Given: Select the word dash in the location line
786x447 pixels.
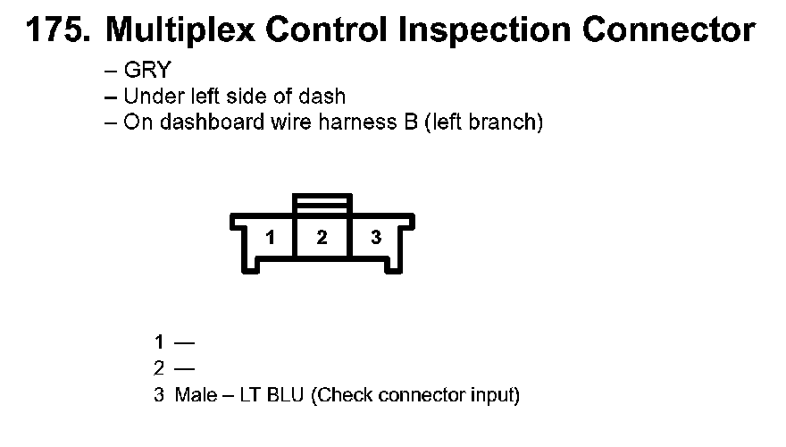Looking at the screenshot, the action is [x=325, y=97].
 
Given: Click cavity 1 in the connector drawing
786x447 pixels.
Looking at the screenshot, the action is [x=269, y=238].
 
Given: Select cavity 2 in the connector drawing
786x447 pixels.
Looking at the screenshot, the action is [x=322, y=238].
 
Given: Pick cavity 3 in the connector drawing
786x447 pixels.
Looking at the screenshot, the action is [x=376, y=238].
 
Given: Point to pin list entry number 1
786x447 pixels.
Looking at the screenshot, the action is [x=159, y=342].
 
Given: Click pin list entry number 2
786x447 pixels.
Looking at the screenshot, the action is [x=159, y=367].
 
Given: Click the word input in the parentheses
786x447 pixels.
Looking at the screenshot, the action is [x=495, y=394].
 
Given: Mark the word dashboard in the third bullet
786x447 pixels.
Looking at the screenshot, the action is [x=203, y=122].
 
